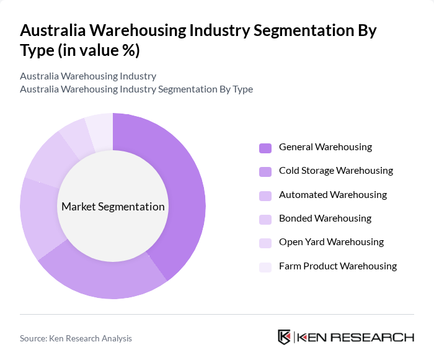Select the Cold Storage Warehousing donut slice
click(105, 279)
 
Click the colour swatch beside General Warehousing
click(265, 148)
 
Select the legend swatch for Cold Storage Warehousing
click(265, 171)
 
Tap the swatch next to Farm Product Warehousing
click(265, 266)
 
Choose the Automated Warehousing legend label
click(332, 195)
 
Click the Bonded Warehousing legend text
click(325, 218)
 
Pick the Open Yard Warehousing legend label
click(331, 242)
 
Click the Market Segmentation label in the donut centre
click(113, 207)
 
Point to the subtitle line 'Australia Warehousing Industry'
click(88, 76)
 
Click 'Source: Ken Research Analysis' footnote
click(76, 338)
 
